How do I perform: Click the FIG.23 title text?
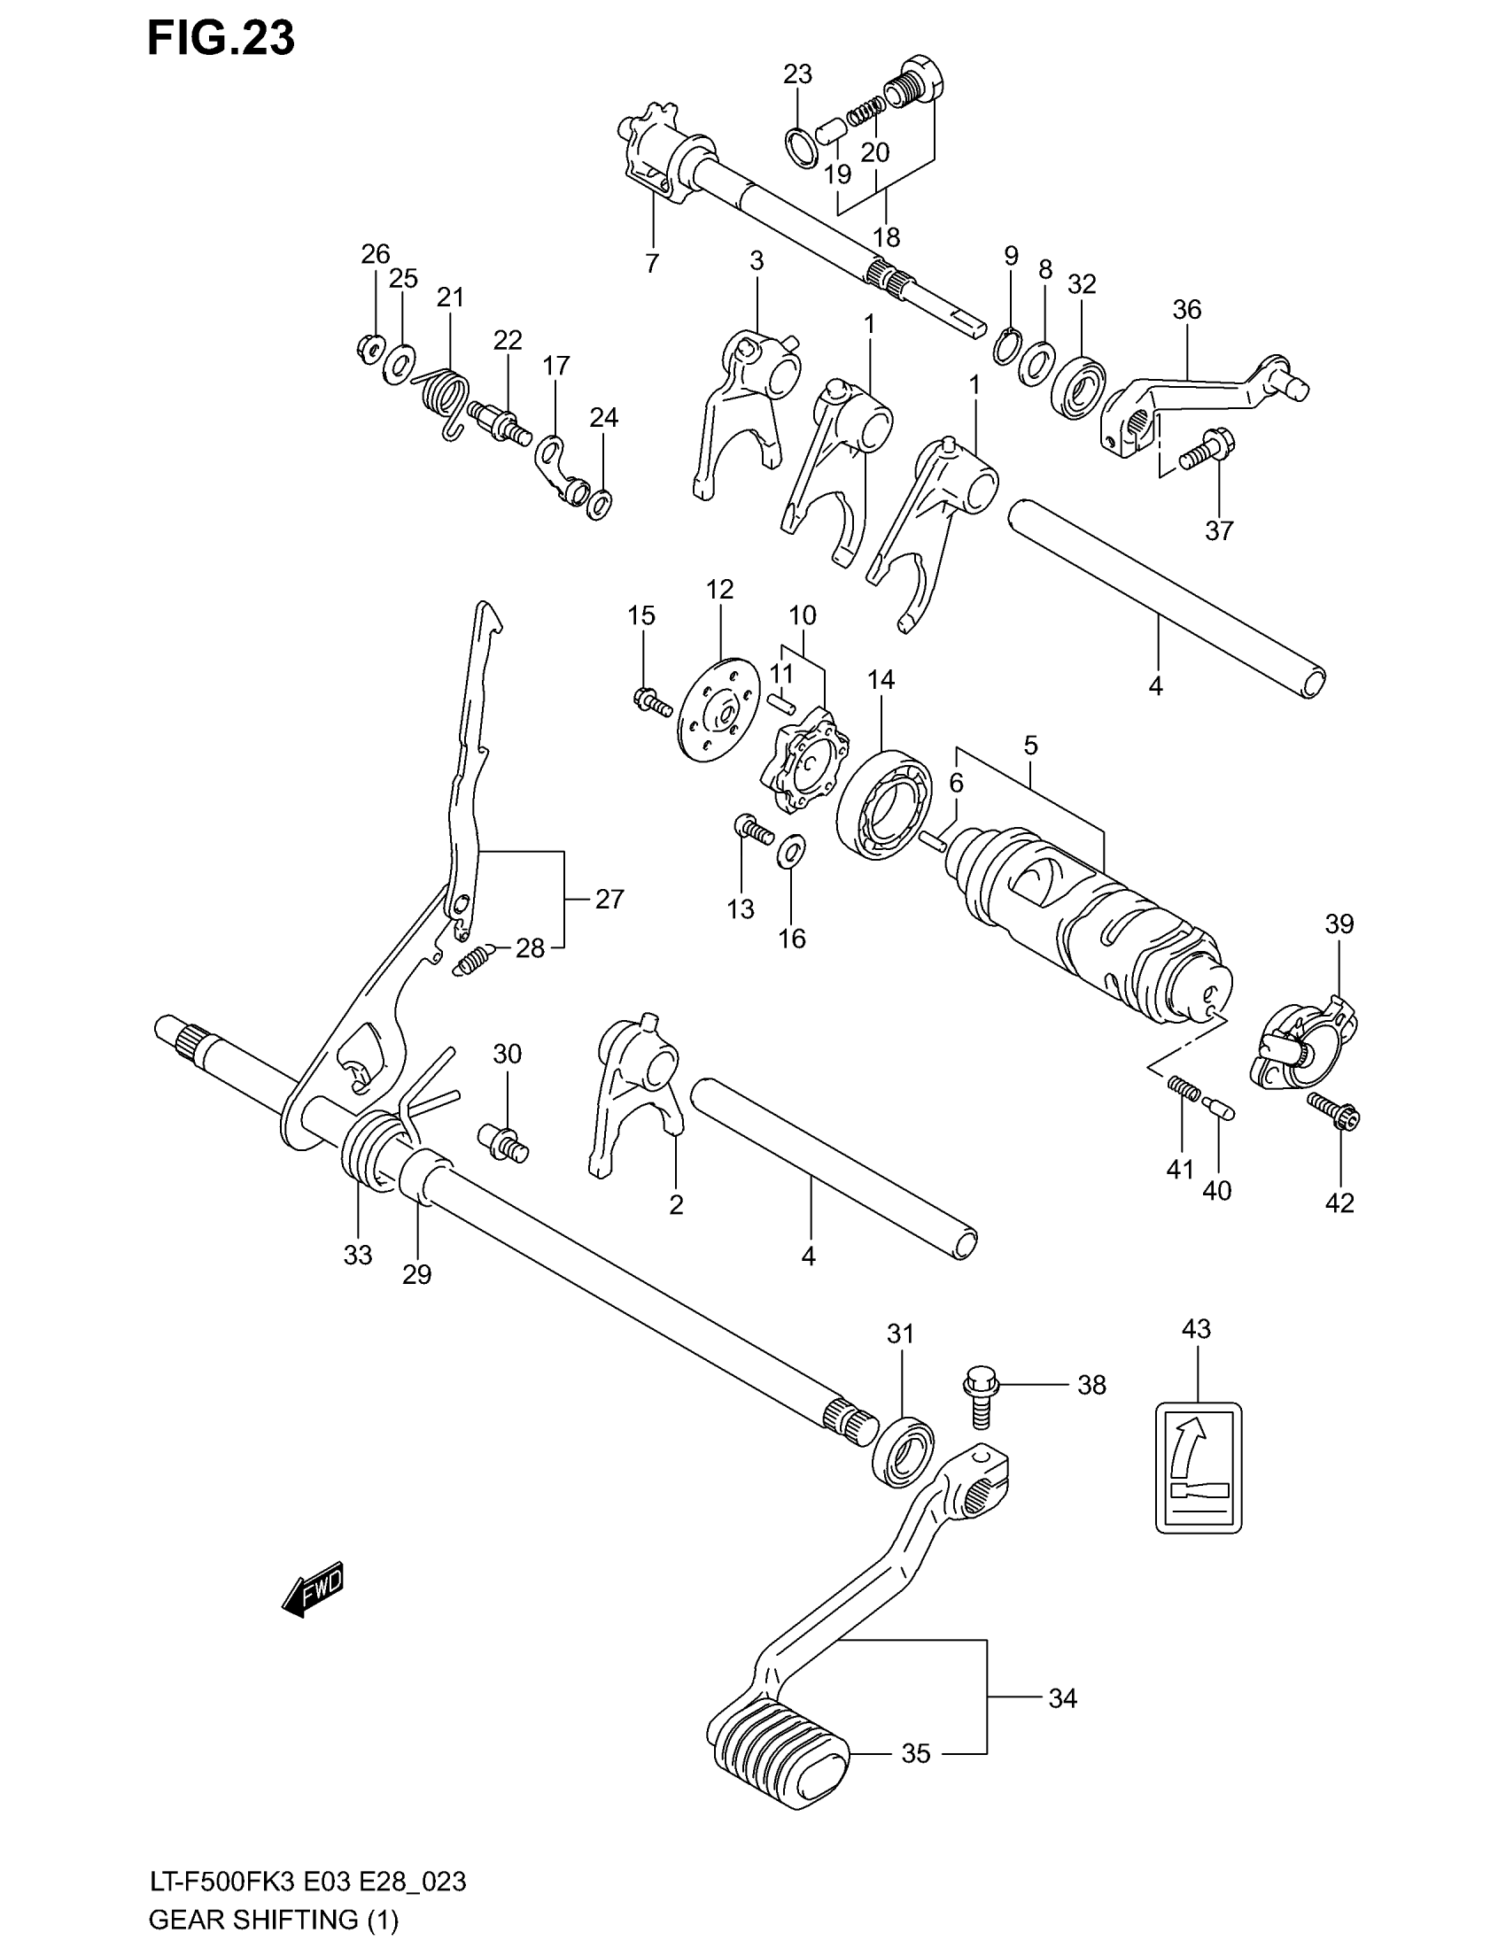pos(221,38)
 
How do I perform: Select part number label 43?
pos(1197,1353)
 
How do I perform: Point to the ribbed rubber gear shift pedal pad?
pos(778,1746)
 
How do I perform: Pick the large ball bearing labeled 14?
pos(884,806)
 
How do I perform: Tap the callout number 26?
pos(376,254)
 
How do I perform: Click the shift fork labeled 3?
pos(745,399)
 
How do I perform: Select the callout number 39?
pos(1339,924)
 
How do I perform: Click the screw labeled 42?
pos(1334,1112)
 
